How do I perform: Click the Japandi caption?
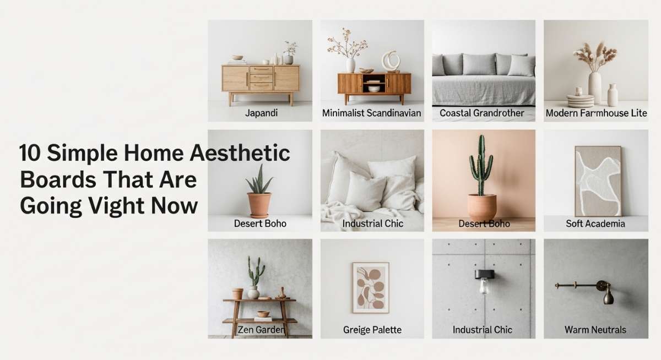click(x=261, y=113)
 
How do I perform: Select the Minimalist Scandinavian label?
click(x=371, y=113)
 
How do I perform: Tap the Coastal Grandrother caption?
click(x=482, y=113)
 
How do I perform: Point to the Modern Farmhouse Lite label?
click(x=596, y=113)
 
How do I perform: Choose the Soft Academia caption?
click(x=595, y=223)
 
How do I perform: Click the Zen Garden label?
click(x=262, y=329)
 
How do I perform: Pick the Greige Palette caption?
click(x=372, y=330)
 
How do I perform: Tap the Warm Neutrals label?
click(x=595, y=329)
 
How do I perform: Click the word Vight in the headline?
click(x=117, y=205)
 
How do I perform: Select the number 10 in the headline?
click(x=30, y=152)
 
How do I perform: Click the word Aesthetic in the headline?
click(x=240, y=152)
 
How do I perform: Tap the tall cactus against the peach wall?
click(x=481, y=165)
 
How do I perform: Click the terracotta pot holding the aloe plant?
click(x=259, y=205)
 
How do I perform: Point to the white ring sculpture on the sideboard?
click(x=391, y=61)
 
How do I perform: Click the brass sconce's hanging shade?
click(x=609, y=297)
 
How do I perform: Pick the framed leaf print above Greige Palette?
click(x=371, y=287)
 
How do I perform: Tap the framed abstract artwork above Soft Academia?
click(x=598, y=181)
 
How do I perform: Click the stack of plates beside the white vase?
click(x=580, y=101)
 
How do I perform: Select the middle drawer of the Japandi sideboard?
click(x=261, y=78)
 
